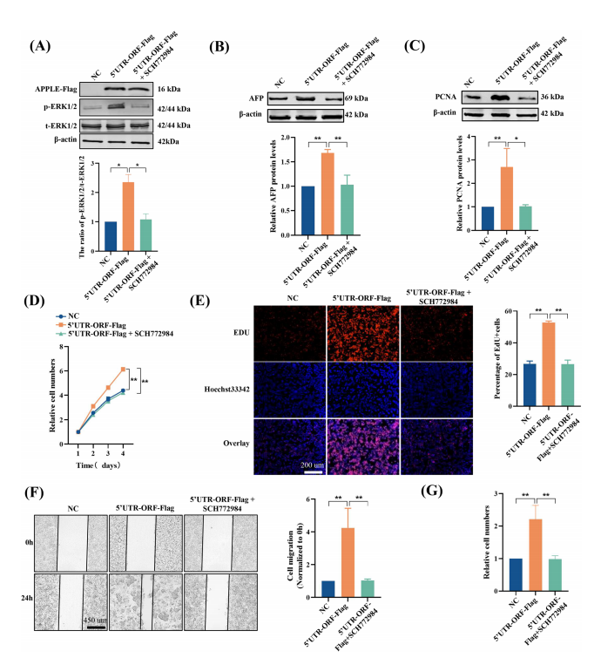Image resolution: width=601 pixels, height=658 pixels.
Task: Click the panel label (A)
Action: click(44, 47)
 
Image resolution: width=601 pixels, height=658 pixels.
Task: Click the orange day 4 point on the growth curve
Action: click(122, 369)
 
